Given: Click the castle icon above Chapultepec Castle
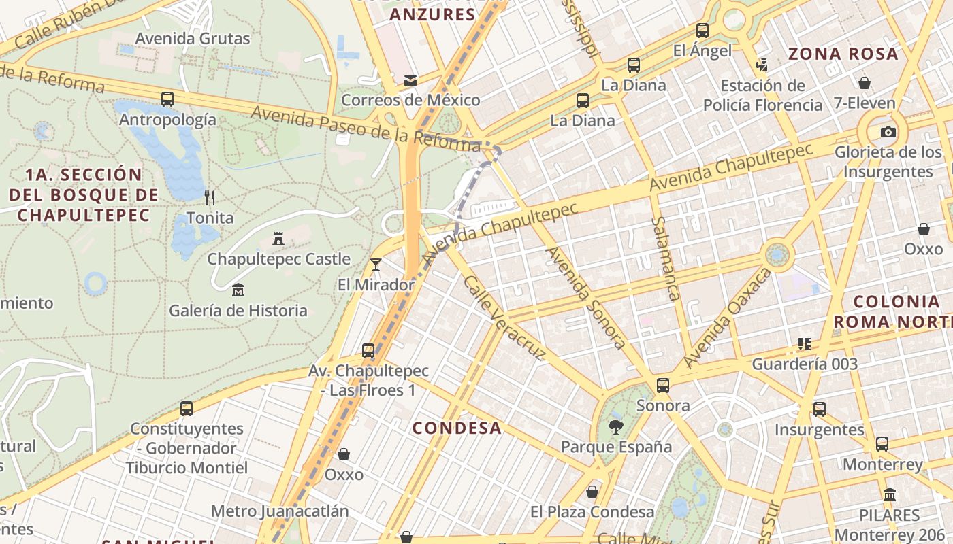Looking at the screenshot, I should click(x=278, y=239).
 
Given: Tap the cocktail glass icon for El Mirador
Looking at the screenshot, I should click(x=375, y=264).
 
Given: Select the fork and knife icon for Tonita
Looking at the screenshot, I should click(x=210, y=198).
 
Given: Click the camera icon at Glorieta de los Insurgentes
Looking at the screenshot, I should click(x=888, y=132).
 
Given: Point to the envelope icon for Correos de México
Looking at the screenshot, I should click(x=410, y=80).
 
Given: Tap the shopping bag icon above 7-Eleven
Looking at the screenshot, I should click(x=865, y=83).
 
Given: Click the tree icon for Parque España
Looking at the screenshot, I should click(x=615, y=427).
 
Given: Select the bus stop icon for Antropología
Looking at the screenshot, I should click(x=167, y=99).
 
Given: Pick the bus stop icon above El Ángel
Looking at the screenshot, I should click(x=702, y=31).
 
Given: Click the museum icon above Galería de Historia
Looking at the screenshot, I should click(x=238, y=290).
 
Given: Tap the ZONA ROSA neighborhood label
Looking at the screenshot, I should click(x=843, y=54).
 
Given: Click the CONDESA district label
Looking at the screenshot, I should click(x=457, y=428).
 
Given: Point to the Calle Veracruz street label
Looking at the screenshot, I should click(x=504, y=317).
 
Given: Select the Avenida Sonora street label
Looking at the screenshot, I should click(x=586, y=297).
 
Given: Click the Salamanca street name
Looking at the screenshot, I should click(x=666, y=258).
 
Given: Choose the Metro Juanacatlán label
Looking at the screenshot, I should click(x=279, y=511).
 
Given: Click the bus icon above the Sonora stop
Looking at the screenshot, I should click(x=662, y=386).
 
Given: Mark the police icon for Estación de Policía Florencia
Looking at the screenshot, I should click(x=762, y=65).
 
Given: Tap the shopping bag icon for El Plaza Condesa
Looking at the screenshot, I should click(x=592, y=492).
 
